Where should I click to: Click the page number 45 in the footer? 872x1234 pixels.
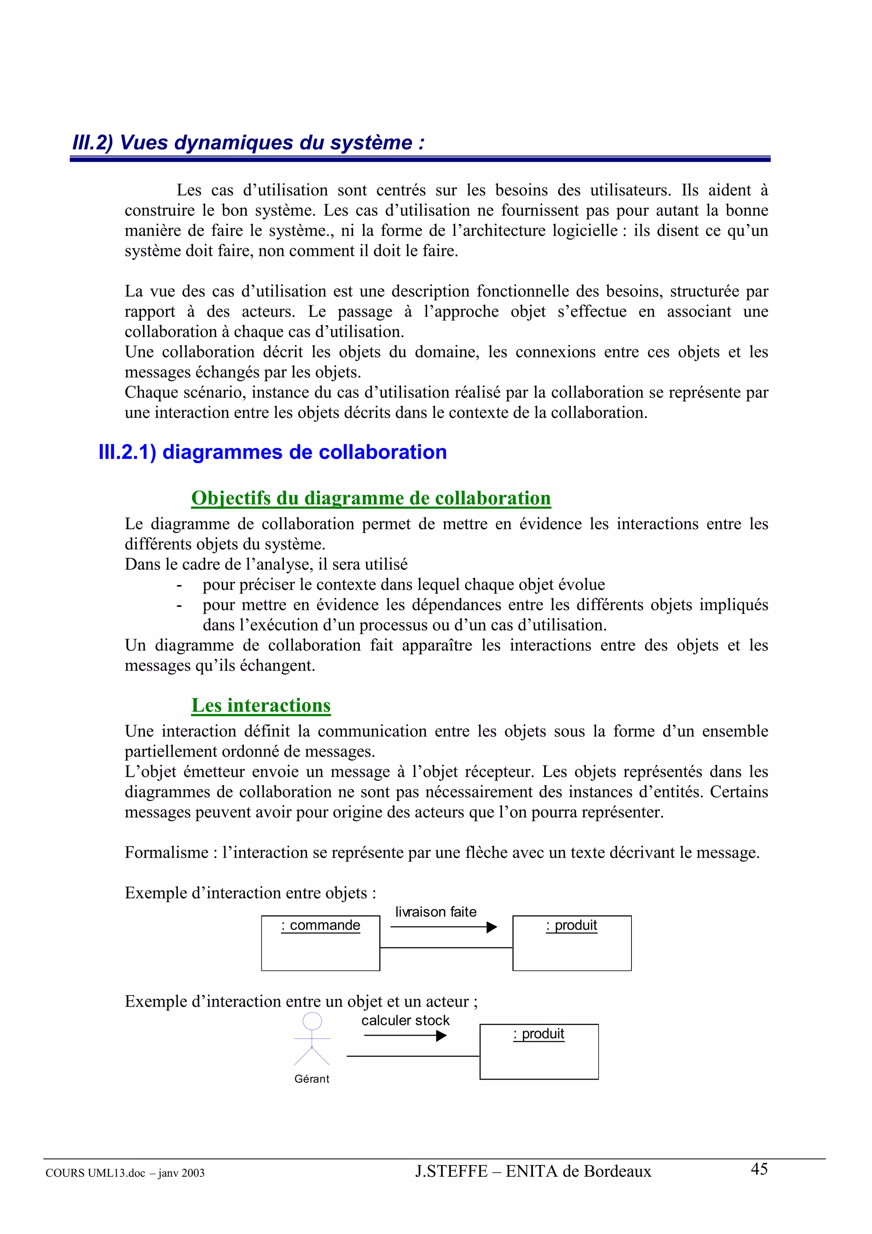point(759,1169)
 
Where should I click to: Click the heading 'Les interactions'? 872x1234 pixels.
point(261,705)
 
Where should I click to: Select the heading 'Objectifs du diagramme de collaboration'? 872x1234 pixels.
point(371,498)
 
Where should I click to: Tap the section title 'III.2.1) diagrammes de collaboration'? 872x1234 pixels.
point(272,452)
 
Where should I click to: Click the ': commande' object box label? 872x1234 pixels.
point(321,926)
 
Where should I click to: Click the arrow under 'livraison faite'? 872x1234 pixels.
point(443,927)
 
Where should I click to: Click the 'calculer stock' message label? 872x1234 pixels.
point(405,1020)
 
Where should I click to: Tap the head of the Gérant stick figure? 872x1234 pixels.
point(312,1021)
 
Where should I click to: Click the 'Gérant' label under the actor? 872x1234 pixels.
point(312,1079)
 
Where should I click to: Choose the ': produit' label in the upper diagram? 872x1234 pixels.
point(572,926)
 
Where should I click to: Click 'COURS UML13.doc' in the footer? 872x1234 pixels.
point(95,1173)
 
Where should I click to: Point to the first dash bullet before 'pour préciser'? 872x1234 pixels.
point(179,585)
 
